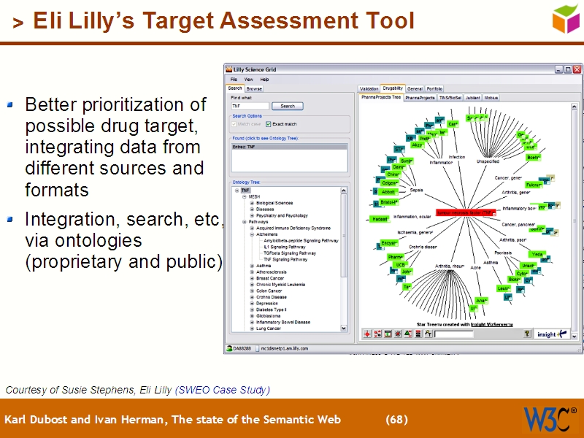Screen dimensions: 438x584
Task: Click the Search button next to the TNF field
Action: coord(288,106)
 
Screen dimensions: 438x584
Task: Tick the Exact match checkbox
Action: coord(268,124)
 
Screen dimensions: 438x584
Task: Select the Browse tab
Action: coord(254,88)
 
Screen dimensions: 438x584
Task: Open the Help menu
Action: coord(264,79)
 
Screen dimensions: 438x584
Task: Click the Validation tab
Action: coord(369,88)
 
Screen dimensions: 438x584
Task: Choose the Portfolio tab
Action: coord(434,88)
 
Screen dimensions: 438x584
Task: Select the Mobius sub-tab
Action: coord(491,97)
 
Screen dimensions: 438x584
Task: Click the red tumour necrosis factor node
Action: coord(464,213)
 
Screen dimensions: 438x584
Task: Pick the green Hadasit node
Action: coord(380,218)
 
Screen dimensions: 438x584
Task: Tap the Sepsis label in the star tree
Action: coord(416,190)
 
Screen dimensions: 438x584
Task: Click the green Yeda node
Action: coord(537,254)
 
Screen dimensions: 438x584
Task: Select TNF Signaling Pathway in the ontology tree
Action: coord(285,259)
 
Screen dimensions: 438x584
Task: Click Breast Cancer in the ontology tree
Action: coord(270,278)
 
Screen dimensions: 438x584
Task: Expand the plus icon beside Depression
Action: coord(252,303)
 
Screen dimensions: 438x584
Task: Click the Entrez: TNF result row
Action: coord(288,147)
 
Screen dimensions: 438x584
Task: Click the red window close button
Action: coord(575,69)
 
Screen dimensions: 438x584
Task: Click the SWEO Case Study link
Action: coord(222,390)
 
